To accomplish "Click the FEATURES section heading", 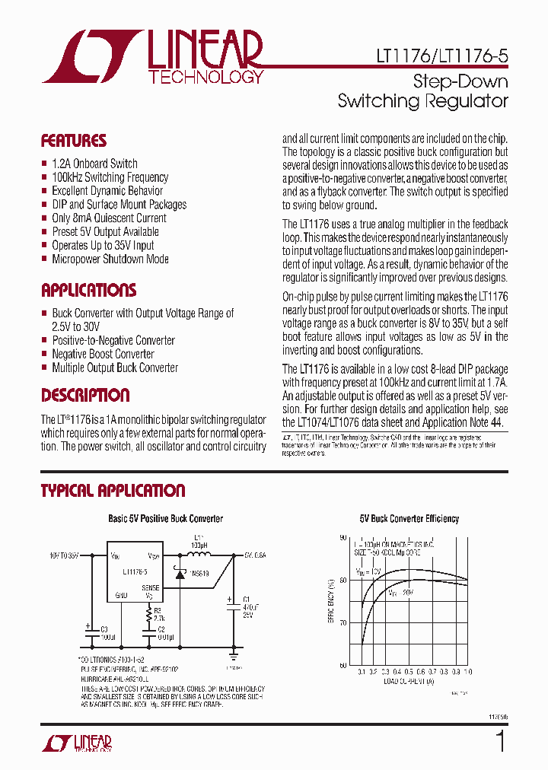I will (x=73, y=141).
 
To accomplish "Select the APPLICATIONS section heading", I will (x=88, y=291).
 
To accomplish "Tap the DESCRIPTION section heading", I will (x=84, y=396).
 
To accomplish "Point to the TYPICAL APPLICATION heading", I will (x=113, y=491).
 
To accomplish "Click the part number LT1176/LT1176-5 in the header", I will (x=441, y=56).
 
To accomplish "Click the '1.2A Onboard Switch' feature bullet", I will (x=94, y=164).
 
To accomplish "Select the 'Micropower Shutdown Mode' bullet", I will (x=110, y=259).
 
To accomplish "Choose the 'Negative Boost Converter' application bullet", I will (x=103, y=354).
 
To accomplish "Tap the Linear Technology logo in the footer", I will (x=76, y=743).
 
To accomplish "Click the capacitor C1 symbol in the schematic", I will (x=230, y=601).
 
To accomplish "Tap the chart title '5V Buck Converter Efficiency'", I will (x=409, y=519).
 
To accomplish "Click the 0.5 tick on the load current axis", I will (x=408, y=673).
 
